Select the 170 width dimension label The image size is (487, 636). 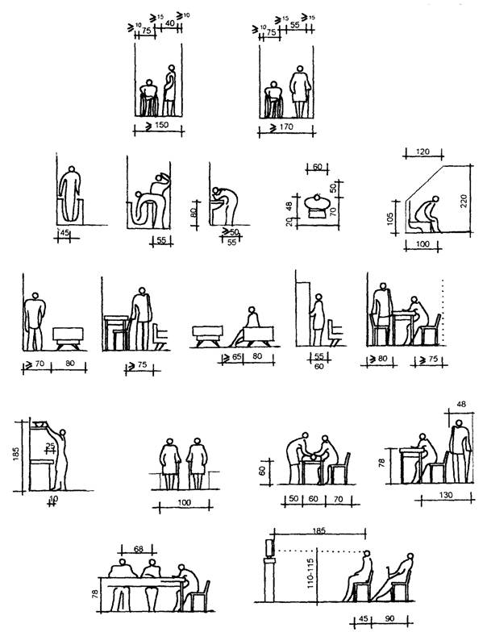284,127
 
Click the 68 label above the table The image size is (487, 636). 138,551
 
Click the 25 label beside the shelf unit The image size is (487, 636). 50,446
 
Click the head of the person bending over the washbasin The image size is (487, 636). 215,193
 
